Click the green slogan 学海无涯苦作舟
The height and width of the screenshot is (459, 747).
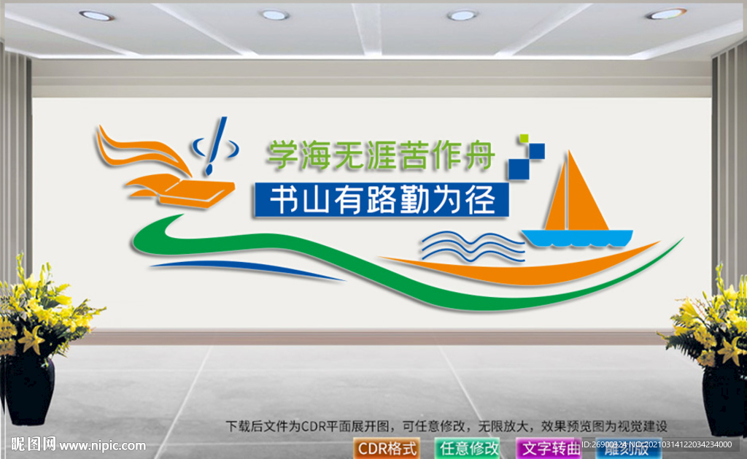[x=380, y=155]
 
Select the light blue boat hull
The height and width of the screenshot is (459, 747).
[x=576, y=238]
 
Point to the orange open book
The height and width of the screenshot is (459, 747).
[x=195, y=191]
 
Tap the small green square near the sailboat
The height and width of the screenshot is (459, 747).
[x=522, y=138]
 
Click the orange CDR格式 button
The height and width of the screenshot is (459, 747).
[x=387, y=447]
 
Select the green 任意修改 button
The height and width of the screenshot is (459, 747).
[x=468, y=447]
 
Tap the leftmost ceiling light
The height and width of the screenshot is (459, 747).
[x=96, y=15]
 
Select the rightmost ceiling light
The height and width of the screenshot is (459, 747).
[x=665, y=13]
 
